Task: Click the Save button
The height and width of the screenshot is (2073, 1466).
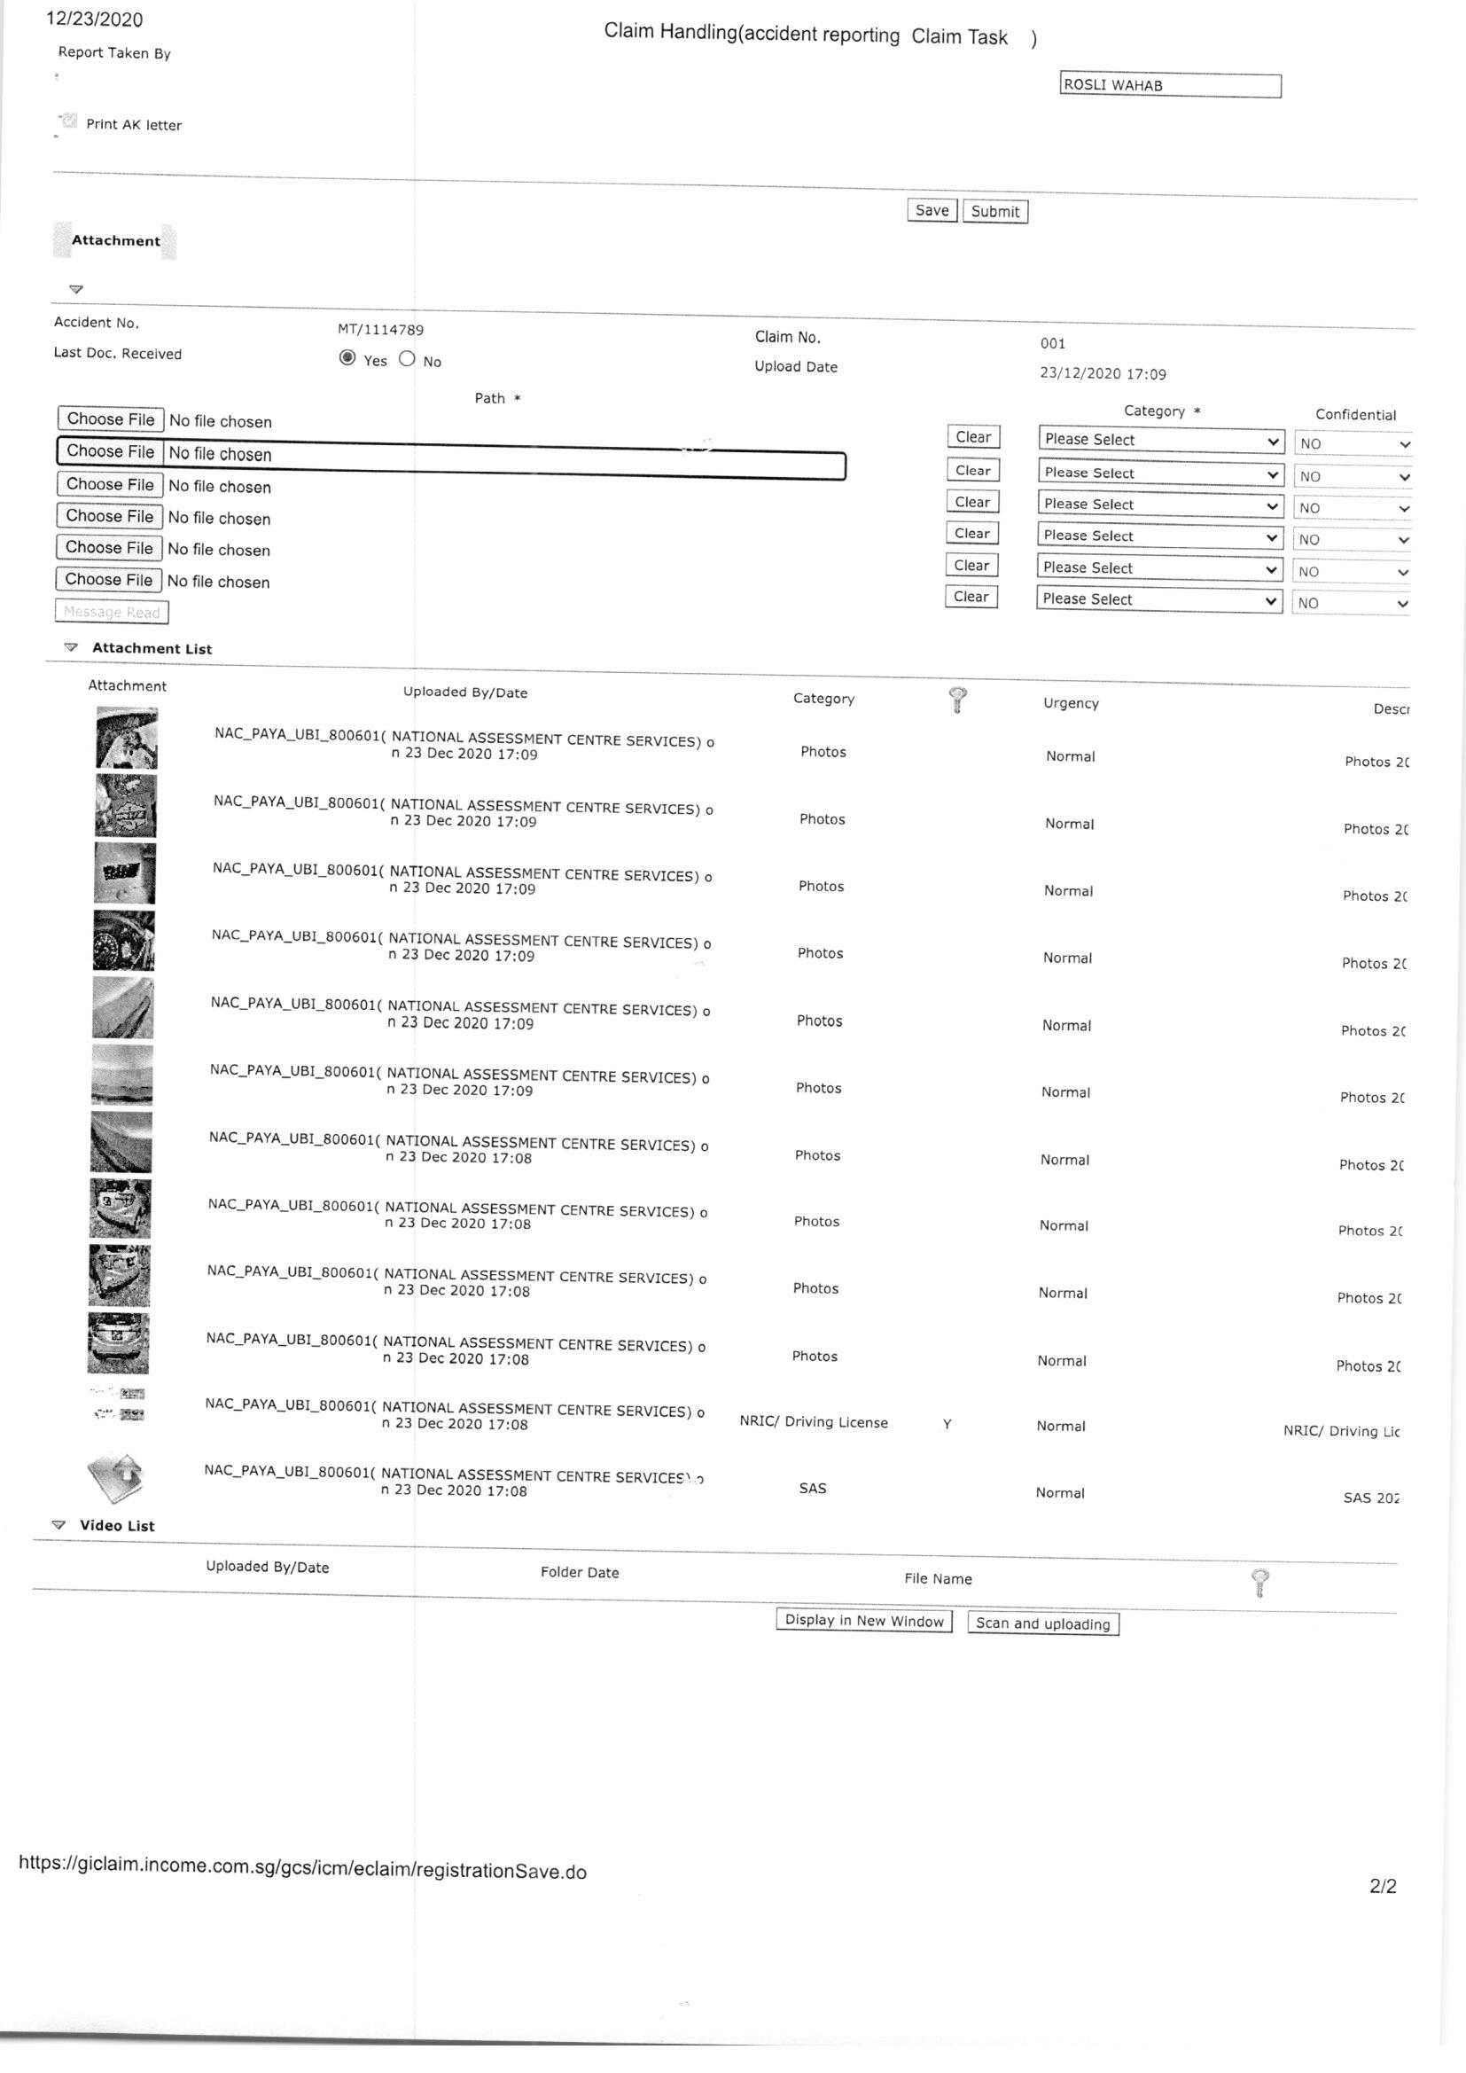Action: coord(932,210)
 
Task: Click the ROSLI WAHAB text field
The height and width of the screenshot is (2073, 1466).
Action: coord(1170,86)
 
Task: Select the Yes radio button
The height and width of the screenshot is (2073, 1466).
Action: coord(347,358)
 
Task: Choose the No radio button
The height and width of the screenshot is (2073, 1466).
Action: coord(407,359)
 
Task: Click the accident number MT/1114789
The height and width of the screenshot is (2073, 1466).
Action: coord(380,331)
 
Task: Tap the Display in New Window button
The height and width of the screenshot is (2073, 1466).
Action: coord(864,1620)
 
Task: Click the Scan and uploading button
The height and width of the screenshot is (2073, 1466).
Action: coord(1042,1623)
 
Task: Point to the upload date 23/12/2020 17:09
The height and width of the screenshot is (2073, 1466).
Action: coord(1103,374)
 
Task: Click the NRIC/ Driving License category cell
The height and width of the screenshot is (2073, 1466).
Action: coord(814,1422)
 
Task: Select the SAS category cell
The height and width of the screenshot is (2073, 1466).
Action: coord(813,1488)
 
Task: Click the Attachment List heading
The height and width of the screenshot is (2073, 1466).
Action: coord(152,648)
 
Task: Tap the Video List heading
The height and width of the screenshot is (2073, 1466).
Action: coord(116,1526)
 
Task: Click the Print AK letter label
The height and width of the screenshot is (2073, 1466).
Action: coord(134,125)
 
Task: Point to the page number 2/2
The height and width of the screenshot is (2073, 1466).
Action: coord(1382,1886)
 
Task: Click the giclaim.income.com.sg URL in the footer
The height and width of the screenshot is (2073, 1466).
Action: coord(302,1867)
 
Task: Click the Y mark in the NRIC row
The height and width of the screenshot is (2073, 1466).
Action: coord(947,1425)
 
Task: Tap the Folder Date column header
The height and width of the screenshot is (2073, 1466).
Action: coord(580,1573)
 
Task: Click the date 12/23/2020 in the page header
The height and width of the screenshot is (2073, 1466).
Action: coord(95,20)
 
